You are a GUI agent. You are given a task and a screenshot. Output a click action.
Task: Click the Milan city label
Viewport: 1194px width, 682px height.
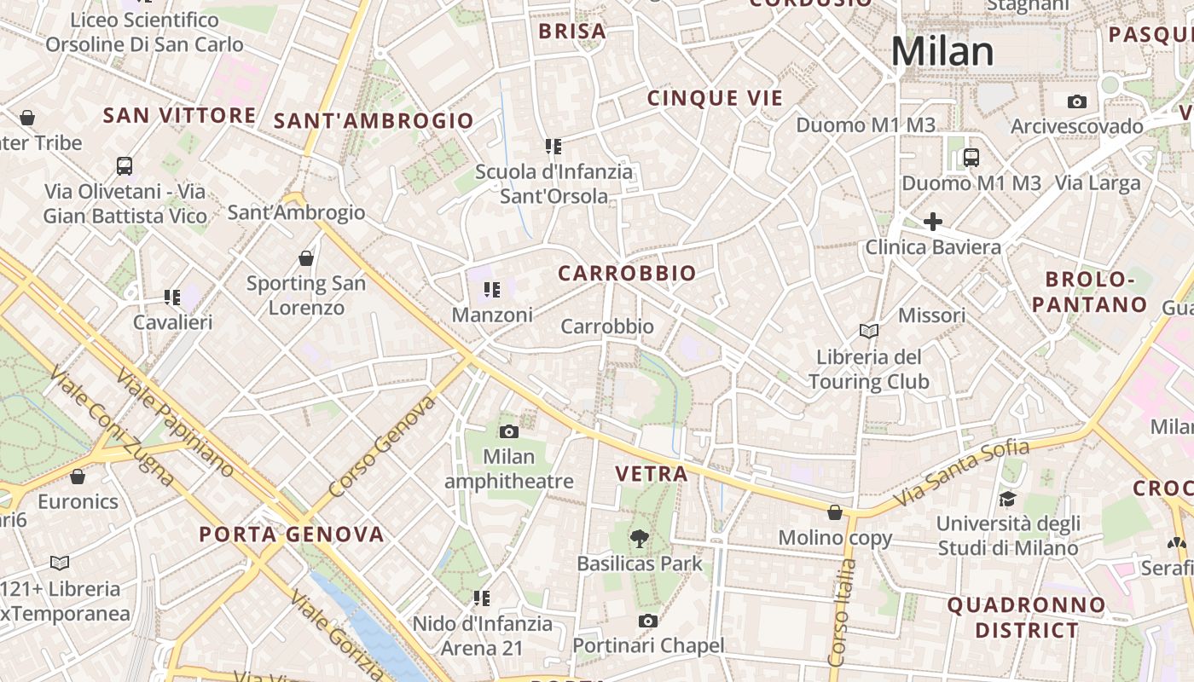(x=942, y=52)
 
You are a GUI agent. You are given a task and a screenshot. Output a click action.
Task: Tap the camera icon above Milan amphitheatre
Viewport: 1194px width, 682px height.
(x=509, y=431)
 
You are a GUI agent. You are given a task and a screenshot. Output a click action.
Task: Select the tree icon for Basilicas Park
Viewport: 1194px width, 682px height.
(x=639, y=538)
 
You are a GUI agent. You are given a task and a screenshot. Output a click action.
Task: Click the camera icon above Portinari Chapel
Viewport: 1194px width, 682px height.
(x=648, y=621)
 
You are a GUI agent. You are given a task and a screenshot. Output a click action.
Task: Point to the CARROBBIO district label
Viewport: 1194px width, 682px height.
(x=627, y=274)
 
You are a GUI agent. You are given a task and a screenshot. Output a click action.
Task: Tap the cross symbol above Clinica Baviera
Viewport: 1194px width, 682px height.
(x=933, y=222)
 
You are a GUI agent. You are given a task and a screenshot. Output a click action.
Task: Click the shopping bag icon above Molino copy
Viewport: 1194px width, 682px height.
(x=835, y=512)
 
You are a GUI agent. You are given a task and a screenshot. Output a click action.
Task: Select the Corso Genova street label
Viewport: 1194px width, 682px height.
(x=381, y=446)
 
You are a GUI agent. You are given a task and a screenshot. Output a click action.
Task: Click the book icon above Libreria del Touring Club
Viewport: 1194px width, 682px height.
(x=869, y=331)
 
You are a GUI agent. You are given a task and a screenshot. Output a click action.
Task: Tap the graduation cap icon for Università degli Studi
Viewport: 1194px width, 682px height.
(x=1007, y=499)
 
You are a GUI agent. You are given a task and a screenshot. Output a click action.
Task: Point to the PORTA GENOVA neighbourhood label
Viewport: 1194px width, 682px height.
(x=292, y=535)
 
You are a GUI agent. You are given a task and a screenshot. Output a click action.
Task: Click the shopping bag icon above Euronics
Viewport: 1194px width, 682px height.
(x=78, y=477)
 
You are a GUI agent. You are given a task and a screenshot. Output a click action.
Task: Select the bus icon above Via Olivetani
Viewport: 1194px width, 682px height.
(x=125, y=165)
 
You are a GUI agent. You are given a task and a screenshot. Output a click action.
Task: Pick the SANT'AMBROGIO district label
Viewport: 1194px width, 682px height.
(x=374, y=121)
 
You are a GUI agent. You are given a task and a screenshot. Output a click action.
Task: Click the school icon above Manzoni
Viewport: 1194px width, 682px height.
(x=492, y=290)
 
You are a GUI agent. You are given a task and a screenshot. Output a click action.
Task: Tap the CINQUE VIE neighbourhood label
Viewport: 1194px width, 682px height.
(x=715, y=98)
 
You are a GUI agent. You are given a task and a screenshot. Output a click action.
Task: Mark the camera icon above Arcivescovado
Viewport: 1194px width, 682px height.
(x=1077, y=102)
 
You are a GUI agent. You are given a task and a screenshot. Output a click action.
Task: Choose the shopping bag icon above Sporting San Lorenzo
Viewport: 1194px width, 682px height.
(x=306, y=257)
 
